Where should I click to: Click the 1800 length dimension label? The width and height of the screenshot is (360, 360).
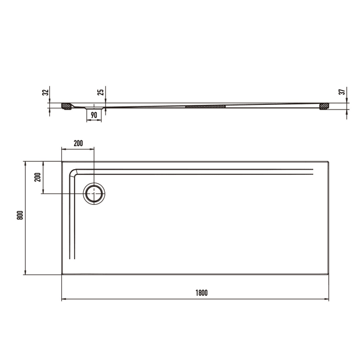pos(201,293)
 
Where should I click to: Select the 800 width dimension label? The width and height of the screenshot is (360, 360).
pos(20,217)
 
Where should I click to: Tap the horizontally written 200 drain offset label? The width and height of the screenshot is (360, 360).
pos(78,143)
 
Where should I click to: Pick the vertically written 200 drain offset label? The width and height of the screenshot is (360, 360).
pos(37,177)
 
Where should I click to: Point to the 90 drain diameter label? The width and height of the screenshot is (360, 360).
pos(94,115)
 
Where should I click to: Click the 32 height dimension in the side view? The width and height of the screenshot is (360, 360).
pos(45,93)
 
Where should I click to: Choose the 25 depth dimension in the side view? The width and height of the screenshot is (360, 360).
pos(101,92)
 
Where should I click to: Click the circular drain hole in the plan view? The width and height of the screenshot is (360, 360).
pos(95,193)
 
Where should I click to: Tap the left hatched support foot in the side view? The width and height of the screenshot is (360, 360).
pos(66,106)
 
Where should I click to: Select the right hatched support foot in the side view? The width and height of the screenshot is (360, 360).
pos(323,106)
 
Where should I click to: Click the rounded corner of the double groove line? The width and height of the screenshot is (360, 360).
pos(74,173)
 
